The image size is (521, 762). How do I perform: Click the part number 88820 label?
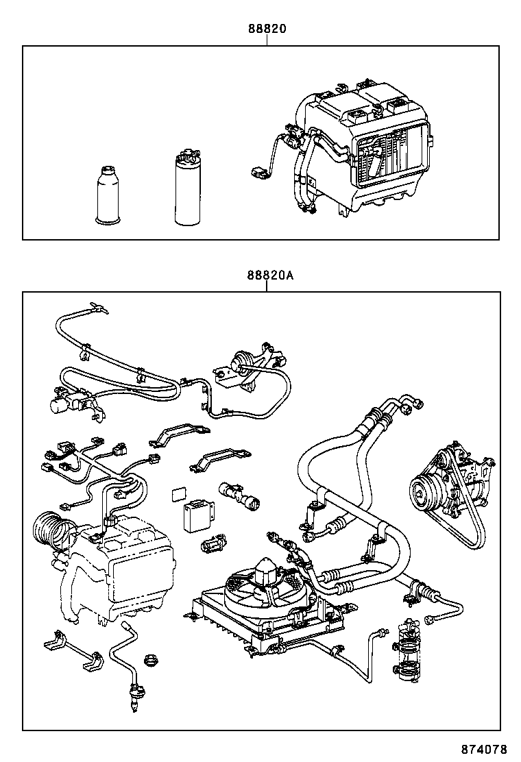(267, 29)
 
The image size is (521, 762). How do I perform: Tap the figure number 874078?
(487, 749)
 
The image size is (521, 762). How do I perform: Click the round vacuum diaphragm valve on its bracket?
(241, 361)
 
